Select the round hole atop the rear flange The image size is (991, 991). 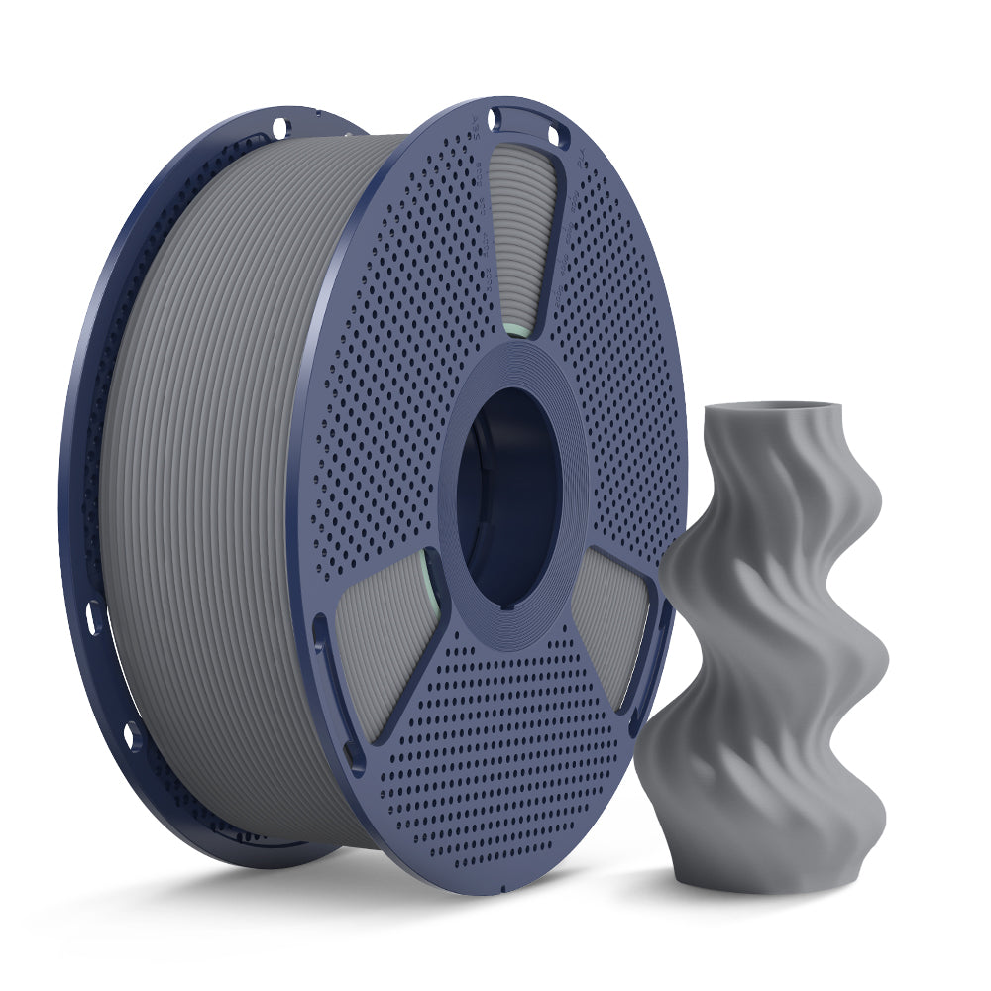[x=279, y=127]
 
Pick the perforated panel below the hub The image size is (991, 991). [x=495, y=753]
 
